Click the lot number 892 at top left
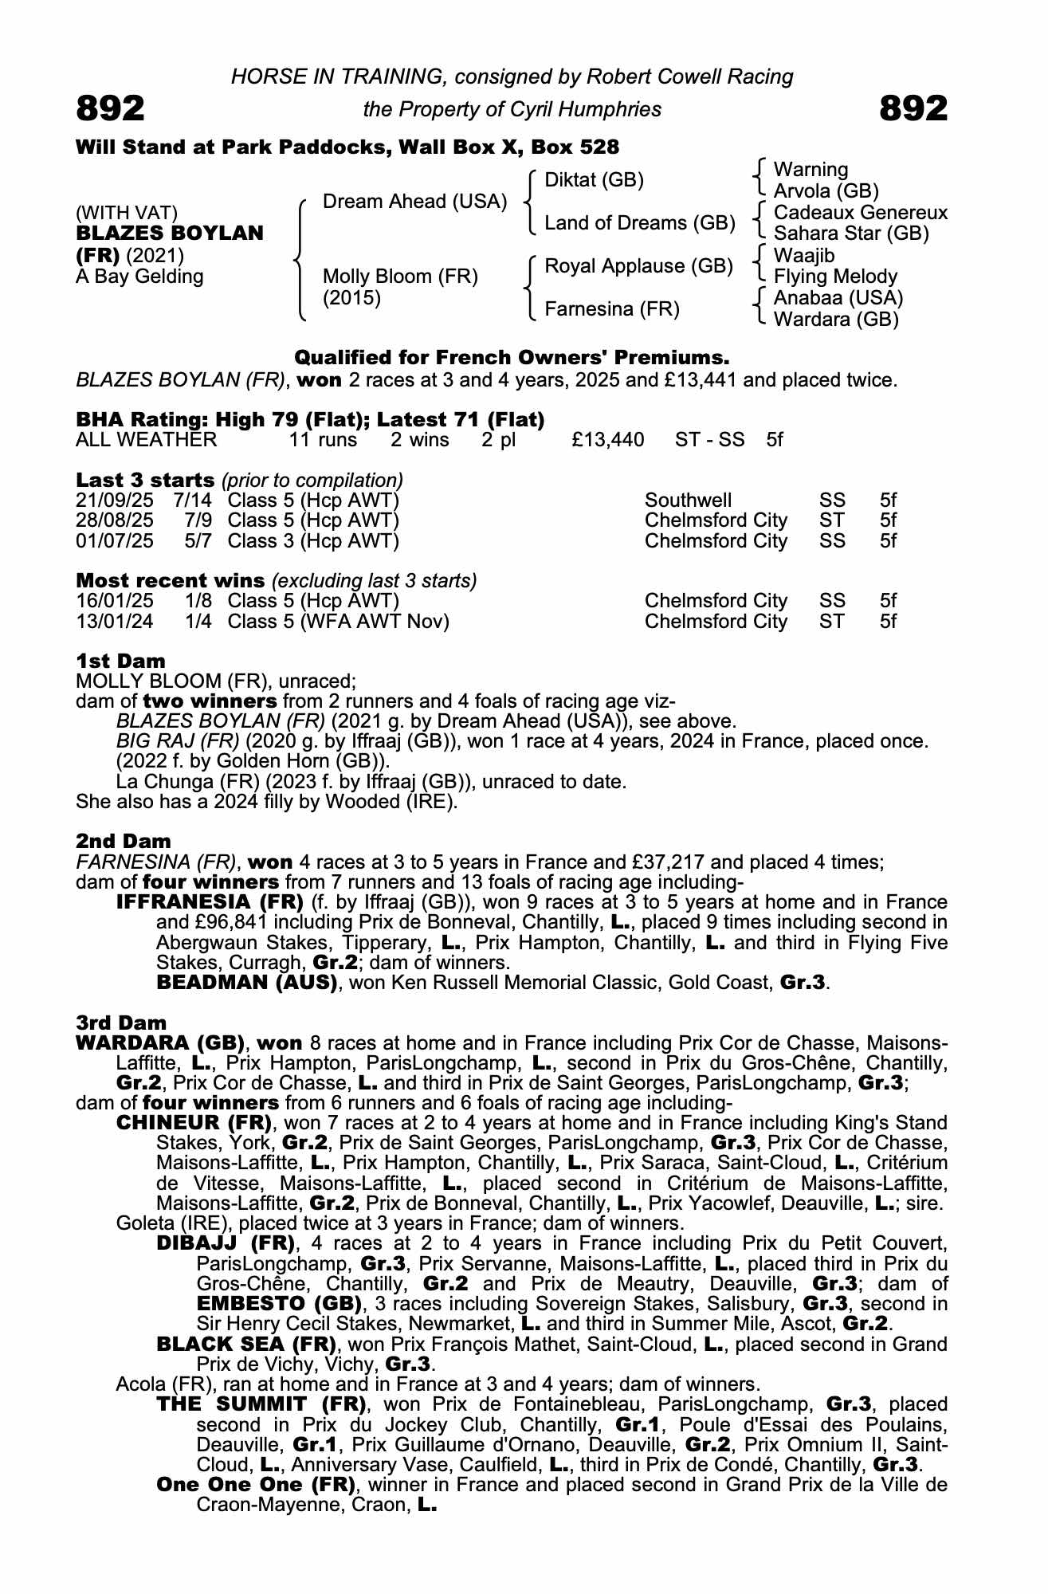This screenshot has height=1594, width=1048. point(110,108)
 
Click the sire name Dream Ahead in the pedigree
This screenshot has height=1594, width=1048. point(414,202)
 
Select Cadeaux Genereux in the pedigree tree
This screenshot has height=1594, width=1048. point(860,213)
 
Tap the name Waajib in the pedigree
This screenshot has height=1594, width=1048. point(804,256)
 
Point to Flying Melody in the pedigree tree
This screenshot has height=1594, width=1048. point(835,277)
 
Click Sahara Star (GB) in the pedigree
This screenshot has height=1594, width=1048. point(851,234)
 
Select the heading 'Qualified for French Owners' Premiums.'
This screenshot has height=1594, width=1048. point(512,357)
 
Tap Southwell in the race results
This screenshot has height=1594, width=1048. point(688,501)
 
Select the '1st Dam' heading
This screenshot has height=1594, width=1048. point(120,661)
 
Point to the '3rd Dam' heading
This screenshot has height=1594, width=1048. point(121,1023)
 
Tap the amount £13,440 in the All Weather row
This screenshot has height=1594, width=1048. point(607,440)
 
